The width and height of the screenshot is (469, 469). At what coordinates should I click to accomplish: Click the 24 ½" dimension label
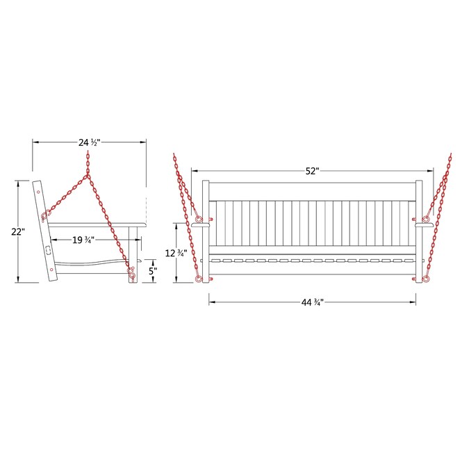click(x=89, y=142)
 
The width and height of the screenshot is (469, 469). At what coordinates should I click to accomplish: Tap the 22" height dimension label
click(x=18, y=231)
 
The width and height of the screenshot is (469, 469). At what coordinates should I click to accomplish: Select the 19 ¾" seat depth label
click(x=83, y=240)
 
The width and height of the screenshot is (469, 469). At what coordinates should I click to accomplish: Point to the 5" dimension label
click(x=153, y=271)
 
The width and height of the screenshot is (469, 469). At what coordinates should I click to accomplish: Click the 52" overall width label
click(x=312, y=171)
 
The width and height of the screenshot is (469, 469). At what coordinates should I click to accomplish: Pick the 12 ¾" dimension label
click(x=176, y=254)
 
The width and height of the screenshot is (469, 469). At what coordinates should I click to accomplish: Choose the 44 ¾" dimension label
click(x=312, y=302)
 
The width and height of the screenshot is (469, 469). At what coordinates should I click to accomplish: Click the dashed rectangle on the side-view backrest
click(x=48, y=250)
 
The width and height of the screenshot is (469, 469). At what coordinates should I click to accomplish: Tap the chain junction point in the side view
click(x=88, y=175)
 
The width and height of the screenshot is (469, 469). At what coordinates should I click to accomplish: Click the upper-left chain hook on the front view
click(x=199, y=220)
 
